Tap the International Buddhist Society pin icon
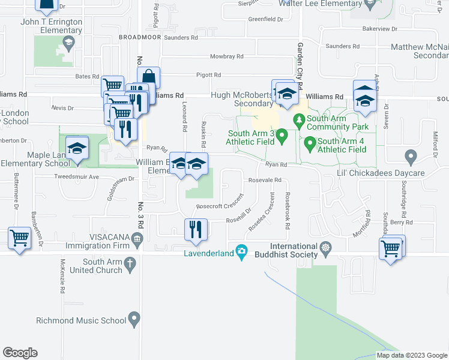(325, 247)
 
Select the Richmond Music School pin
(134, 319)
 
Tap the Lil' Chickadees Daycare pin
(411, 157)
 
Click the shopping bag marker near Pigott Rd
(148, 78)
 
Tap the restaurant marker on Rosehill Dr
(195, 229)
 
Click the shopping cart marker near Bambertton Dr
(20, 238)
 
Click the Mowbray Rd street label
(226, 56)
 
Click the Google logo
(20, 353)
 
